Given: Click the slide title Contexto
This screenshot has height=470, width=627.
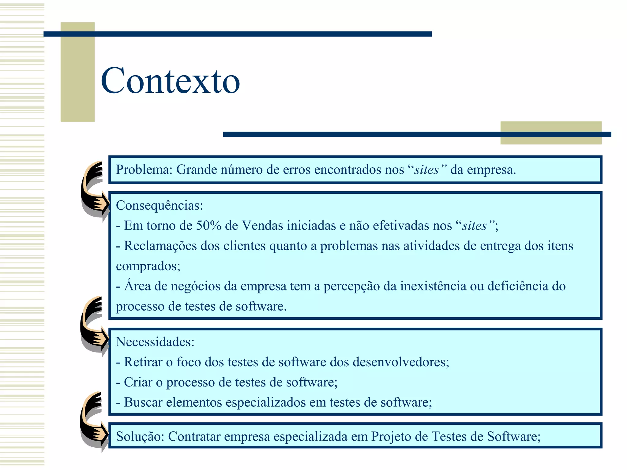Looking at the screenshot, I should pos(170,81).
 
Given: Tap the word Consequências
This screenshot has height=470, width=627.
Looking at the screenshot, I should pos(159,206).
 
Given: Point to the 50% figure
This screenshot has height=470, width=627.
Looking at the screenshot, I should pos(208,226).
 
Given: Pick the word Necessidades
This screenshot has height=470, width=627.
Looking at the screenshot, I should pos(155,342).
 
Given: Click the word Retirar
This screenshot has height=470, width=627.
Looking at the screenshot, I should pos(143,362).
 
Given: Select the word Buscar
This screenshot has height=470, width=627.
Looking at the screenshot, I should pos(143,402).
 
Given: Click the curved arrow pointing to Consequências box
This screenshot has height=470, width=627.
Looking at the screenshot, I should pos(93,190).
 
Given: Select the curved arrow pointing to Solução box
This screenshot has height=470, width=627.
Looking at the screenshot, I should pos(92,421).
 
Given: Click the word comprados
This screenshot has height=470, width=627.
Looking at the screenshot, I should pos(148,266).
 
